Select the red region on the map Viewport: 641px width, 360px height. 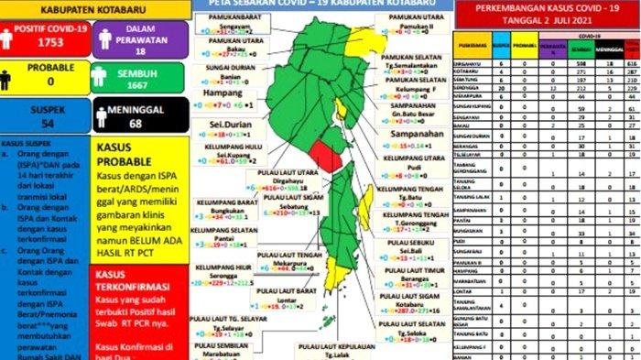point(327,155)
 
